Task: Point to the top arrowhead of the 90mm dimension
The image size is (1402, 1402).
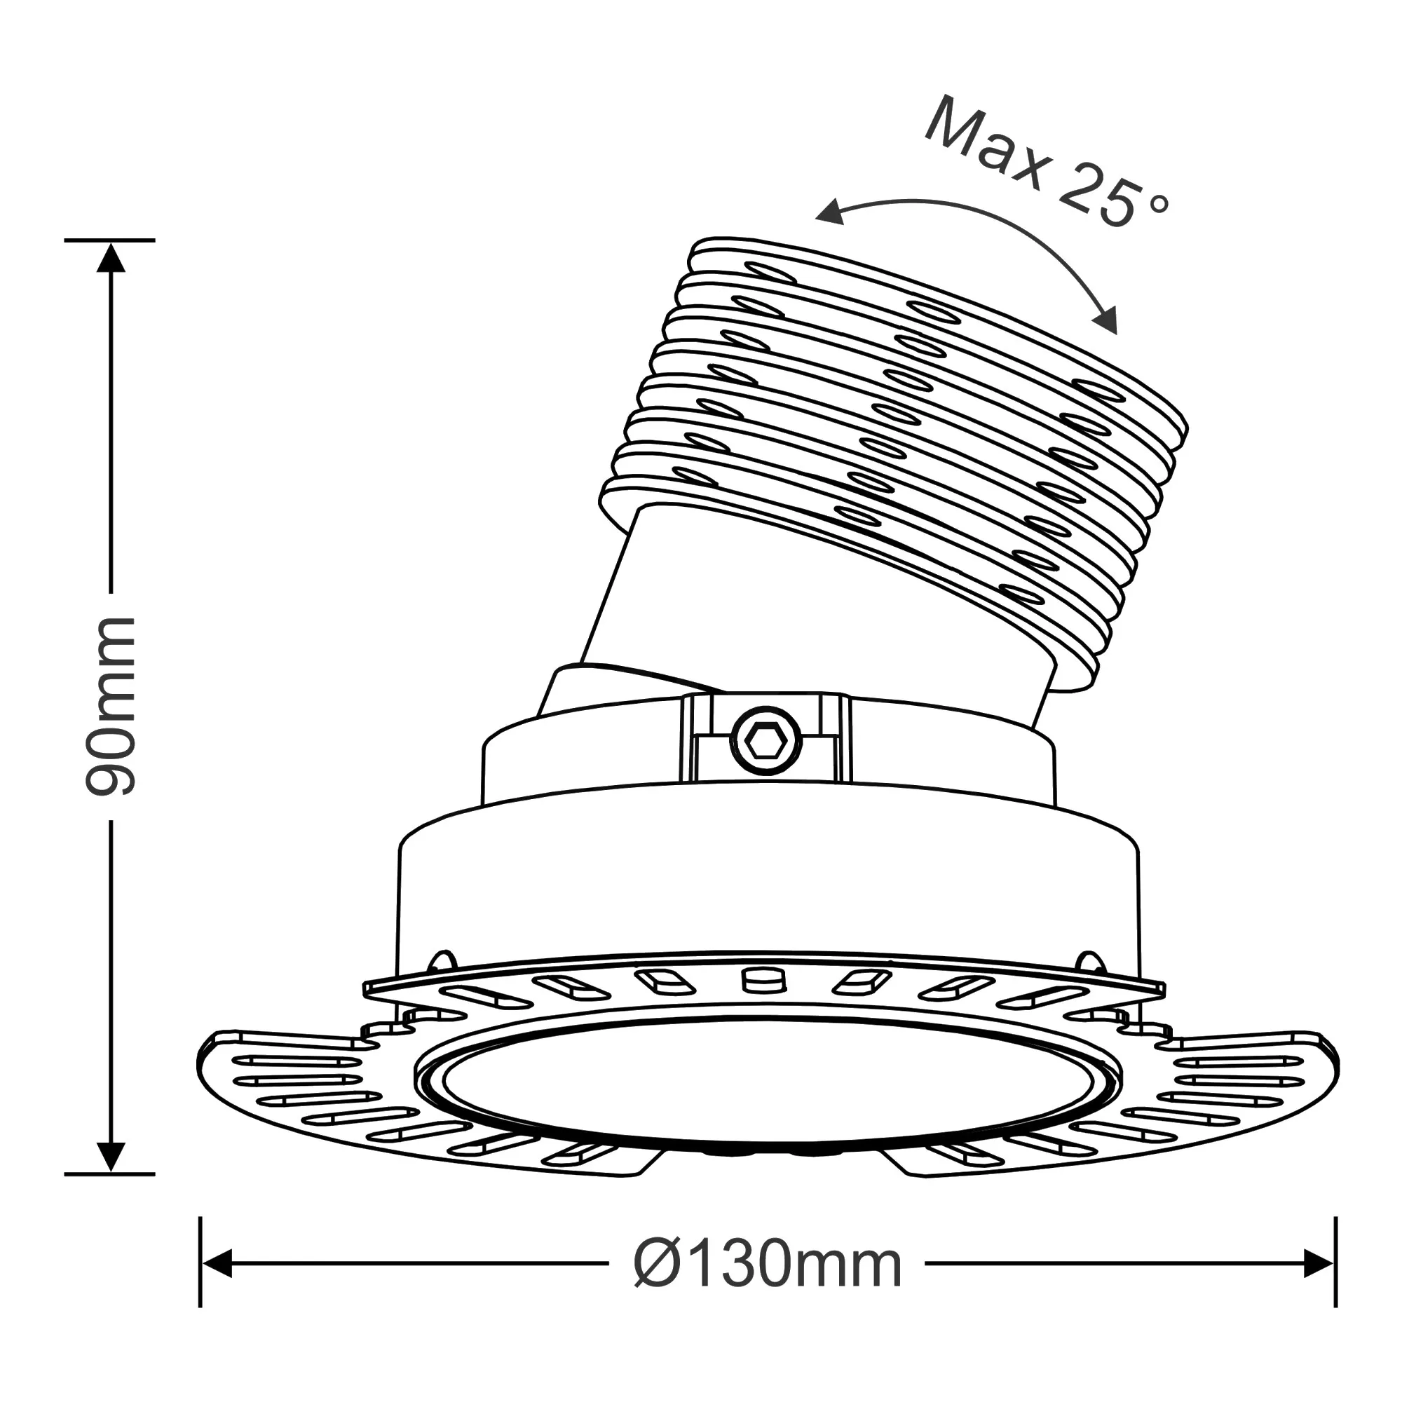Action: point(111,257)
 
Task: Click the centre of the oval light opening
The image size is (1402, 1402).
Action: point(768,1089)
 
